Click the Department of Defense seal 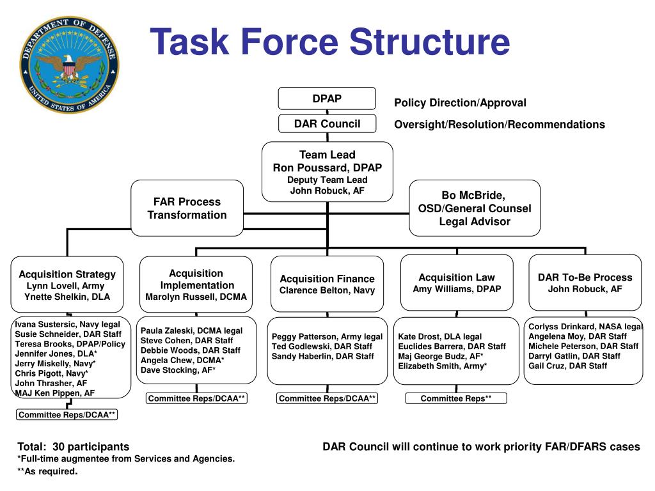click(x=68, y=66)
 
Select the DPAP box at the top click(x=327, y=98)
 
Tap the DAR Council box click(x=327, y=123)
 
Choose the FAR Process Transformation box click(x=187, y=208)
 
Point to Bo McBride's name click(x=474, y=195)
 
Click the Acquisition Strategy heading click(x=67, y=274)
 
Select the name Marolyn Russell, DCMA click(x=196, y=297)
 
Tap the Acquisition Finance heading click(x=327, y=279)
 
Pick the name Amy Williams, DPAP click(x=457, y=289)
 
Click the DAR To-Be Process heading click(x=585, y=277)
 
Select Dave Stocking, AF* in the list click(x=178, y=370)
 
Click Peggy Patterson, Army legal click(x=327, y=336)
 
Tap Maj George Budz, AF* click(x=441, y=356)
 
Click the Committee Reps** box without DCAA click(x=456, y=398)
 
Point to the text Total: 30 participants click(x=73, y=446)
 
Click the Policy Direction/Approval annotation click(x=460, y=103)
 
